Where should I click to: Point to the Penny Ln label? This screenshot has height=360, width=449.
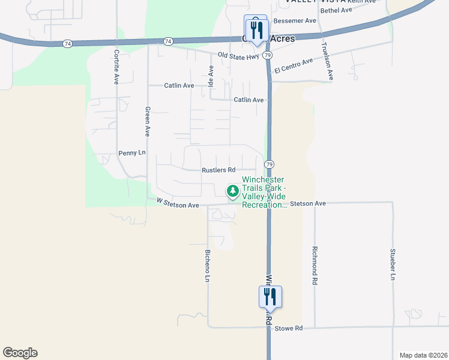[x=132, y=153]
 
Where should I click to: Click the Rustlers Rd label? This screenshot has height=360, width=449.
[x=218, y=170]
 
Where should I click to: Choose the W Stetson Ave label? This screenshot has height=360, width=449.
[x=177, y=205]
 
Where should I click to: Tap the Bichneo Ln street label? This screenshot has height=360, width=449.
[x=208, y=266]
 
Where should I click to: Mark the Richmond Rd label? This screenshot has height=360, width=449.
[x=315, y=265]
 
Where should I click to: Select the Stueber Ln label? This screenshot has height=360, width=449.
[x=393, y=265]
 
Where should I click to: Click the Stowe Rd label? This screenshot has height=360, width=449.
[x=289, y=328]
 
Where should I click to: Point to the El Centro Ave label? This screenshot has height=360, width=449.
[x=294, y=66]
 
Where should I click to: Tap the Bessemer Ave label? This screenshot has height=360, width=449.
[x=294, y=20]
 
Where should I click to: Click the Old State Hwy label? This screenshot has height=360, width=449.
[x=238, y=56]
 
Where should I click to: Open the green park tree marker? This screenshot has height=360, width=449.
[x=232, y=191]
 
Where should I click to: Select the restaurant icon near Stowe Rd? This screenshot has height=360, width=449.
[x=270, y=296]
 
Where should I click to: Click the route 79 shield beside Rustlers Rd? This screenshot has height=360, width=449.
[x=270, y=164]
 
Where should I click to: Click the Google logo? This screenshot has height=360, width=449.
[x=20, y=353]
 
